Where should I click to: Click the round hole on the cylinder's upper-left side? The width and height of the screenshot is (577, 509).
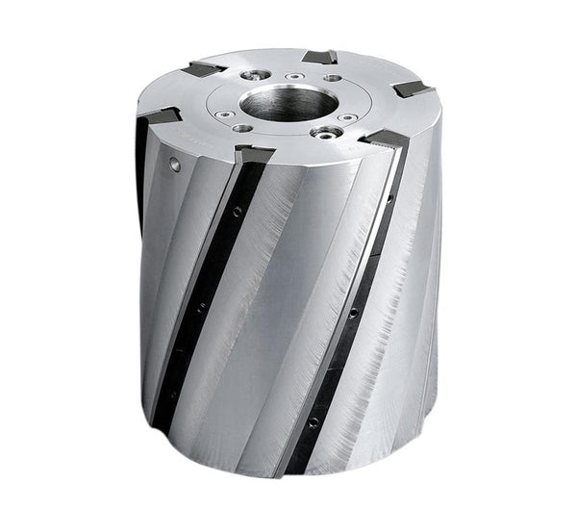click(175, 165)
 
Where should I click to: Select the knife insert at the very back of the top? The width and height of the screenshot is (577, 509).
click(317, 56)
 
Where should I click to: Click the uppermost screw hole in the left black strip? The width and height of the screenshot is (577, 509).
click(237, 211)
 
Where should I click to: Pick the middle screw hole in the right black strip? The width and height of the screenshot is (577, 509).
click(353, 312)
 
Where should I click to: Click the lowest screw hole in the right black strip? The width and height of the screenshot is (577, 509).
click(314, 420)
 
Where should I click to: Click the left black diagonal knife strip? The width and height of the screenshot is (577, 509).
click(207, 289)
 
